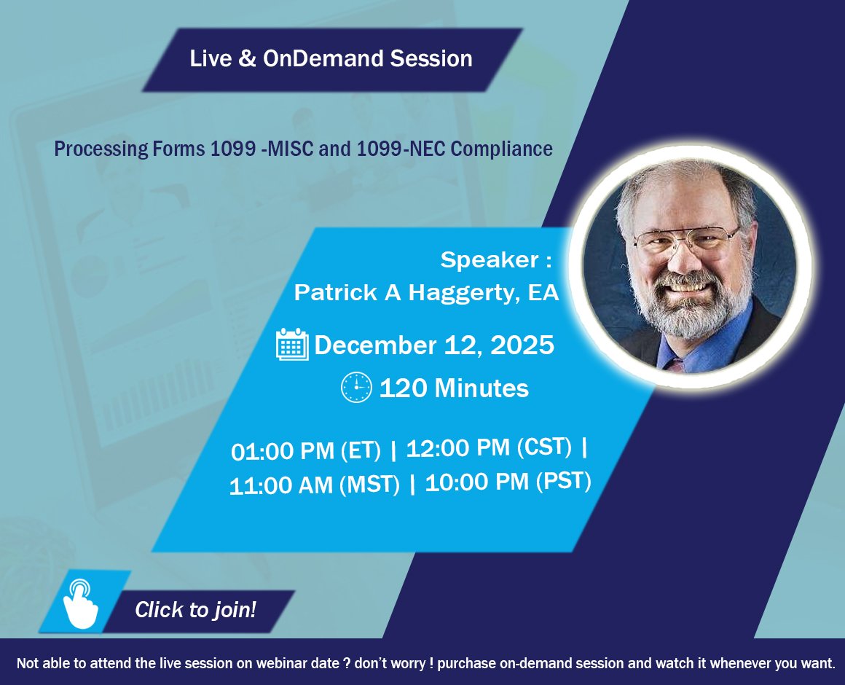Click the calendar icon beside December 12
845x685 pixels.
tap(292, 345)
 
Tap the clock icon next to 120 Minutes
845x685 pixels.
tap(356, 387)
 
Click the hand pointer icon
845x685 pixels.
tap(81, 603)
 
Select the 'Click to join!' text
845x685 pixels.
tap(195, 610)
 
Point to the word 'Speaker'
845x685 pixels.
tap(490, 259)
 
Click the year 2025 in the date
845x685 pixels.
tap(522, 345)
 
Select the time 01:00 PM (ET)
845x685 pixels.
tap(305, 451)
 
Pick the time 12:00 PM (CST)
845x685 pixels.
tap(489, 448)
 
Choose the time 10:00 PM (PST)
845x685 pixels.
tap(508, 482)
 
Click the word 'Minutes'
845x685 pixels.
tap(481, 388)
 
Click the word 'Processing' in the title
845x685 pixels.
tap(101, 149)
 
